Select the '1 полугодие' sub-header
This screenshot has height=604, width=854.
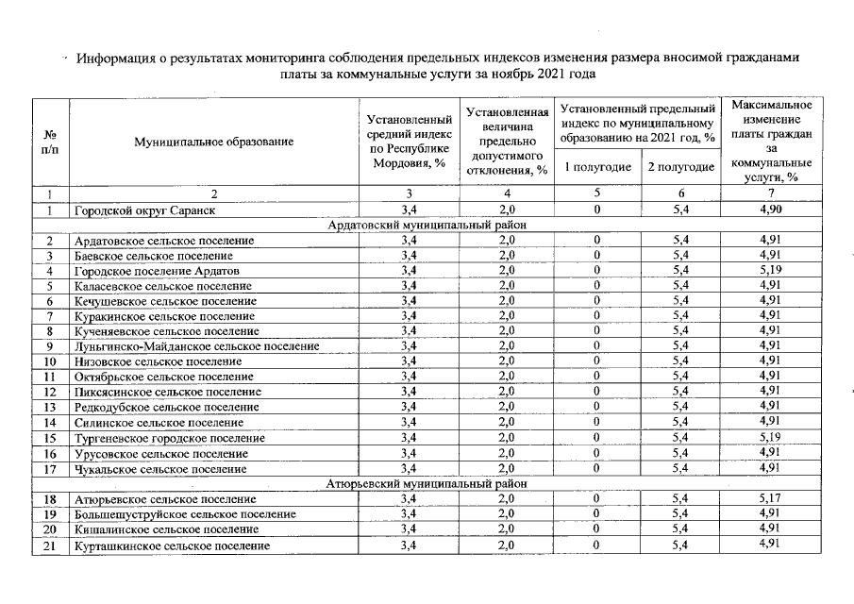point(597,167)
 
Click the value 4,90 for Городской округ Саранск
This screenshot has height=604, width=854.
point(771,210)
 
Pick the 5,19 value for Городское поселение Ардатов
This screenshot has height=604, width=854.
point(771,271)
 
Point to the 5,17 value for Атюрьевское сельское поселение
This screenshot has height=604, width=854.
point(771,498)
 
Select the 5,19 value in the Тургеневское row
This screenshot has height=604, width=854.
point(771,438)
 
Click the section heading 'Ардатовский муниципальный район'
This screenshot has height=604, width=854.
point(427,225)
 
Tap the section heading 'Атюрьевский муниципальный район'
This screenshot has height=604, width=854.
point(427,483)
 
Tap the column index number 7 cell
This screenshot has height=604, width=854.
point(771,194)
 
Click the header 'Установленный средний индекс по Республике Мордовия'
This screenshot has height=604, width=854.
point(409,142)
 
